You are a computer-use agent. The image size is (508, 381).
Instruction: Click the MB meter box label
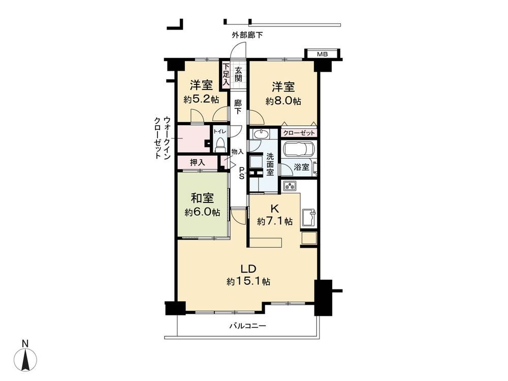click(x=322, y=54)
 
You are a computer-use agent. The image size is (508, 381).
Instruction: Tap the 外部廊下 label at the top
click(x=247, y=35)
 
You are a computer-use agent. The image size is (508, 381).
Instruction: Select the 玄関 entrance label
click(x=238, y=74)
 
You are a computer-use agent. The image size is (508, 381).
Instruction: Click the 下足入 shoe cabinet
click(x=226, y=74)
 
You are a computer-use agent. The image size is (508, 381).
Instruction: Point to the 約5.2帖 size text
click(x=201, y=99)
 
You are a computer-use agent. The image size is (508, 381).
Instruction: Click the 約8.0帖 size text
click(x=283, y=101)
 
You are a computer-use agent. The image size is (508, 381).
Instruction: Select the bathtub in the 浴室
click(x=298, y=150)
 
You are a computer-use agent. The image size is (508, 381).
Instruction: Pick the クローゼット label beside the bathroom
click(x=299, y=133)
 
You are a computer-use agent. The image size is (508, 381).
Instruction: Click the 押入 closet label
click(x=197, y=162)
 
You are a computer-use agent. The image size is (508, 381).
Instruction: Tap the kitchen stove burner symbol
click(x=290, y=186)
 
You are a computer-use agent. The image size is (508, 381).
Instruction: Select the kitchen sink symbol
click(x=309, y=217)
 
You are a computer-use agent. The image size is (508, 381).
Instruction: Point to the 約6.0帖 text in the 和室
click(x=203, y=213)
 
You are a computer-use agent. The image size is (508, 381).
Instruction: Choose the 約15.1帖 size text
click(x=248, y=282)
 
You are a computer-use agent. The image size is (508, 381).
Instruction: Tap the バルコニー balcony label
click(x=248, y=325)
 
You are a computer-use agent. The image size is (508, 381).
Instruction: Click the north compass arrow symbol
click(x=25, y=358)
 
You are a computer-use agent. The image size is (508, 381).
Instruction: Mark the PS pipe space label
click(x=242, y=173)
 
